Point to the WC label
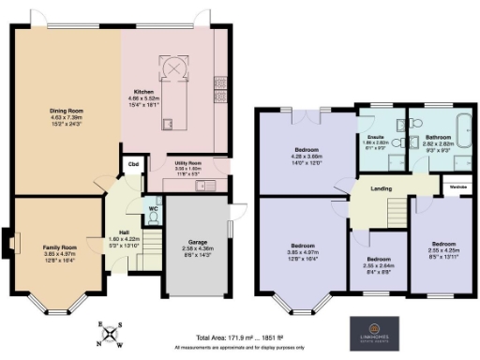pyautogui.click(x=154, y=208)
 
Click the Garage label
pyautogui.click(x=197, y=242)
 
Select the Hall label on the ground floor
pyautogui.click(x=123, y=232)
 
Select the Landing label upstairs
pyautogui.click(x=380, y=188)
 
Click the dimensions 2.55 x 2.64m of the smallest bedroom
pyautogui.click(x=379, y=265)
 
